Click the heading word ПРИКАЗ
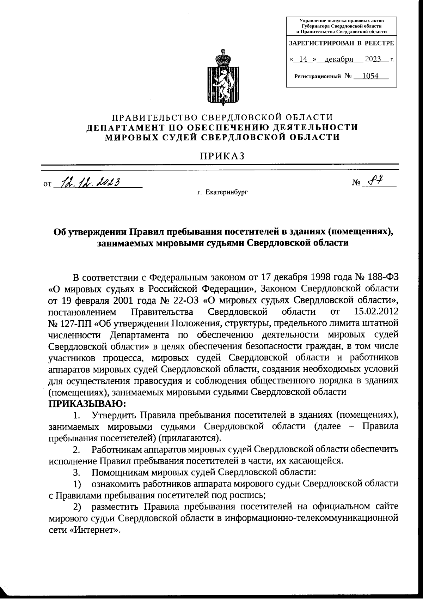tap(222, 156)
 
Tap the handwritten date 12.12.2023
tap(91, 182)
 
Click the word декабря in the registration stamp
tap(339, 59)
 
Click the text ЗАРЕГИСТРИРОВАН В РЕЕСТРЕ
tap(341, 43)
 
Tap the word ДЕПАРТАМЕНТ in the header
tap(129, 127)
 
